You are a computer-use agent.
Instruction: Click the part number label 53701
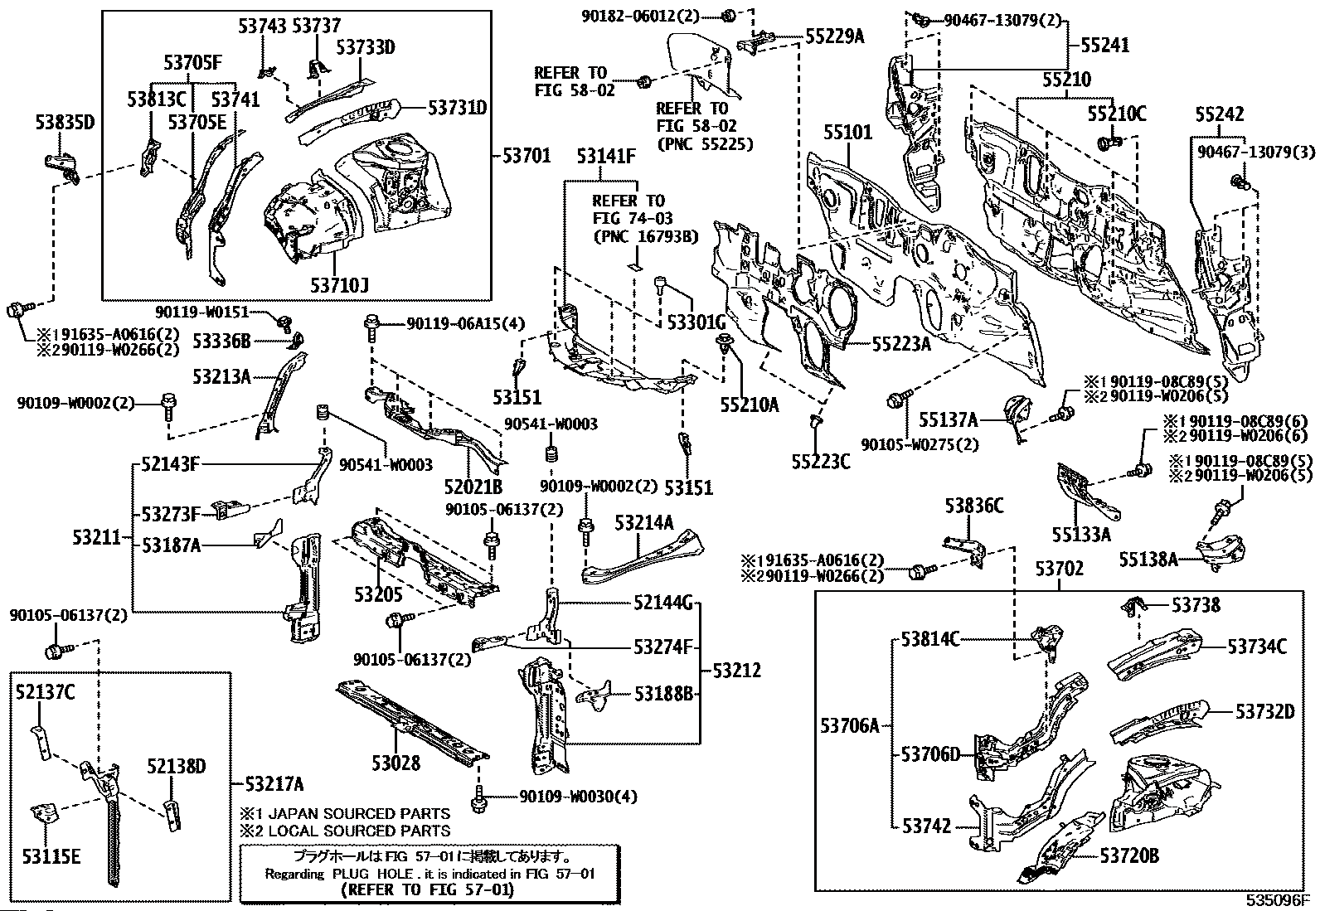[x=527, y=155]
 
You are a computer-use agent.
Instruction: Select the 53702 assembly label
[x=1060, y=569]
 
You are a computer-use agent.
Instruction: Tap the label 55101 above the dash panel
[x=847, y=133]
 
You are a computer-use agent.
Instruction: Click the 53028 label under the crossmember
[x=396, y=763]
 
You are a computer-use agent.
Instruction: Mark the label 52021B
[x=475, y=487]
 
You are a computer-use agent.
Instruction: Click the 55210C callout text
[x=1116, y=114]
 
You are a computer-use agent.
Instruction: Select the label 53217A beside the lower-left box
[x=274, y=784]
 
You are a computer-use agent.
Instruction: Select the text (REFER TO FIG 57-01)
[x=427, y=890]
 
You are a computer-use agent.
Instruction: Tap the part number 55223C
[x=820, y=462]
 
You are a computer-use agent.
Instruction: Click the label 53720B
[x=1129, y=855]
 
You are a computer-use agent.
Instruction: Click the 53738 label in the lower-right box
[x=1196, y=606]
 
